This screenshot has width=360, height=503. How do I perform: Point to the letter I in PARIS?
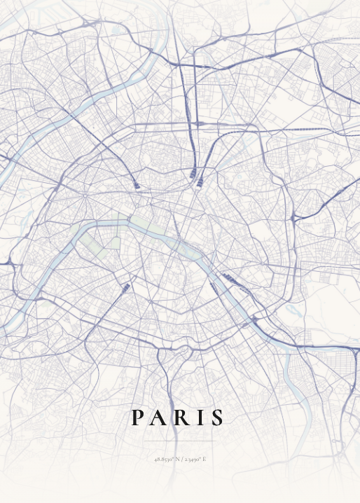(198, 418)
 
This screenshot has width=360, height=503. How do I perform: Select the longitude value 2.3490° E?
(195, 460)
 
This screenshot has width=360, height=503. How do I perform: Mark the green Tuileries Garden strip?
(141, 223)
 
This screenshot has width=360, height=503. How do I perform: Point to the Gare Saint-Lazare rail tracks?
(135, 186)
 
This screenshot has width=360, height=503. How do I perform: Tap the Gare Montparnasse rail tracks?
(125, 289)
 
